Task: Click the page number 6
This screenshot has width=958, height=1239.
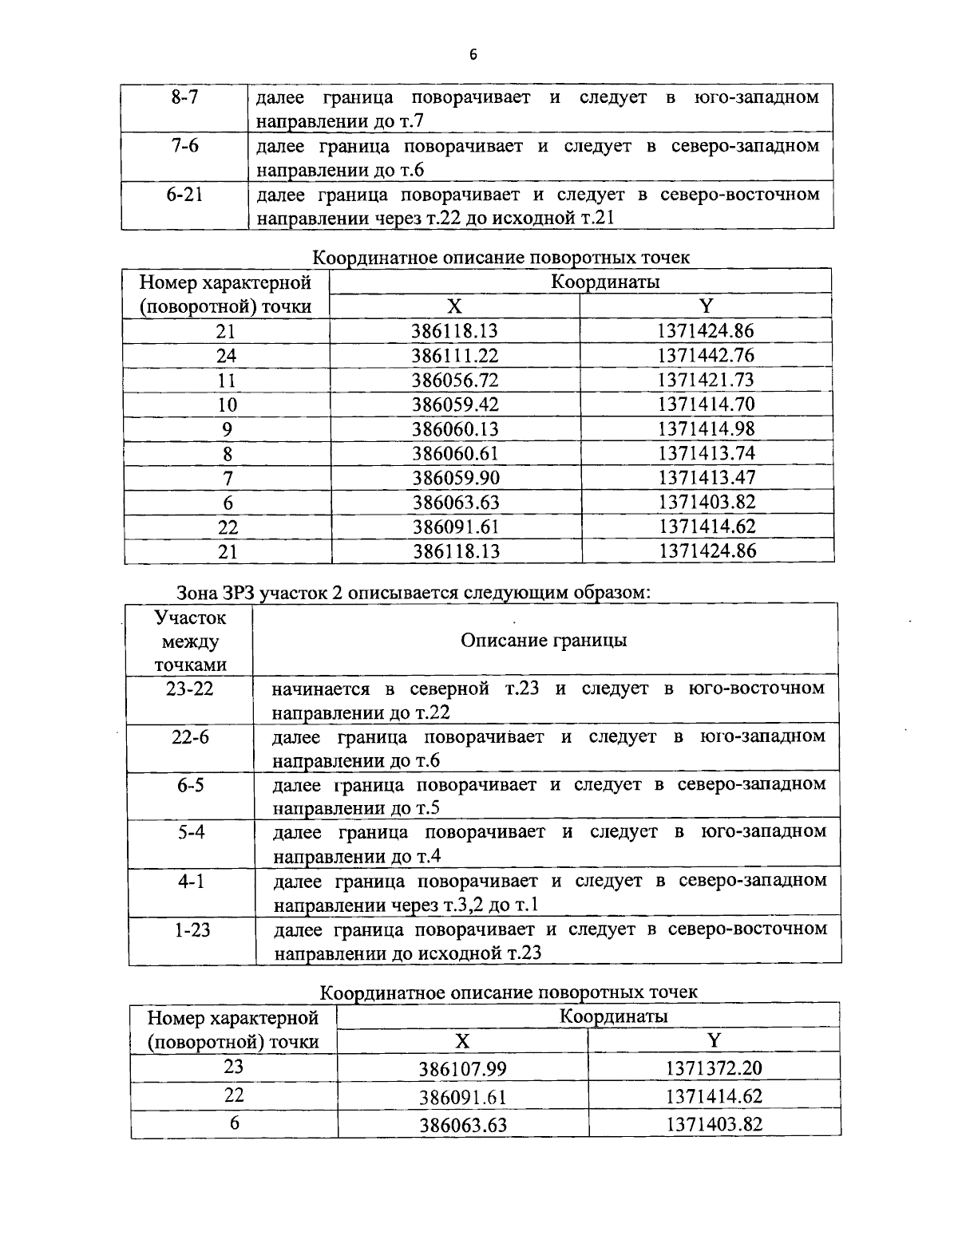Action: (x=473, y=55)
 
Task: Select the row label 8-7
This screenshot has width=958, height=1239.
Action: (x=184, y=97)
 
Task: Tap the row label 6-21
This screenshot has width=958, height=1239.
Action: (x=184, y=195)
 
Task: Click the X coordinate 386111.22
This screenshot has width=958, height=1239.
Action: (x=454, y=356)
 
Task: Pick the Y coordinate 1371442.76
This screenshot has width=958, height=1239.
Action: (x=706, y=355)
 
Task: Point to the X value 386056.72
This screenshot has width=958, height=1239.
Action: (x=454, y=380)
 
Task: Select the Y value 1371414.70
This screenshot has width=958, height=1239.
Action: (x=706, y=404)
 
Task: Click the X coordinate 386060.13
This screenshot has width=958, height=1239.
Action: (x=454, y=429)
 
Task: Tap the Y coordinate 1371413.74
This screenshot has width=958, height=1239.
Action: (x=706, y=453)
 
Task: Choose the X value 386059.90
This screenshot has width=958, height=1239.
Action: (x=454, y=478)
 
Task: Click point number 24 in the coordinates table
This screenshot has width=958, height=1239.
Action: (x=227, y=356)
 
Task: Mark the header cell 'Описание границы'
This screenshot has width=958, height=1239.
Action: (x=544, y=641)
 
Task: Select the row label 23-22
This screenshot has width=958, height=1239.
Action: (x=190, y=689)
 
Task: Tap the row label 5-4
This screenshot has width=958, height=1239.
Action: (x=191, y=832)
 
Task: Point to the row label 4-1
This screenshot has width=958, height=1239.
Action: (x=191, y=881)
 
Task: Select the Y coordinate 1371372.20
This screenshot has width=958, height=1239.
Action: (x=715, y=1068)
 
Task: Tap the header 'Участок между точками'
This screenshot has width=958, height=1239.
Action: (x=190, y=641)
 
